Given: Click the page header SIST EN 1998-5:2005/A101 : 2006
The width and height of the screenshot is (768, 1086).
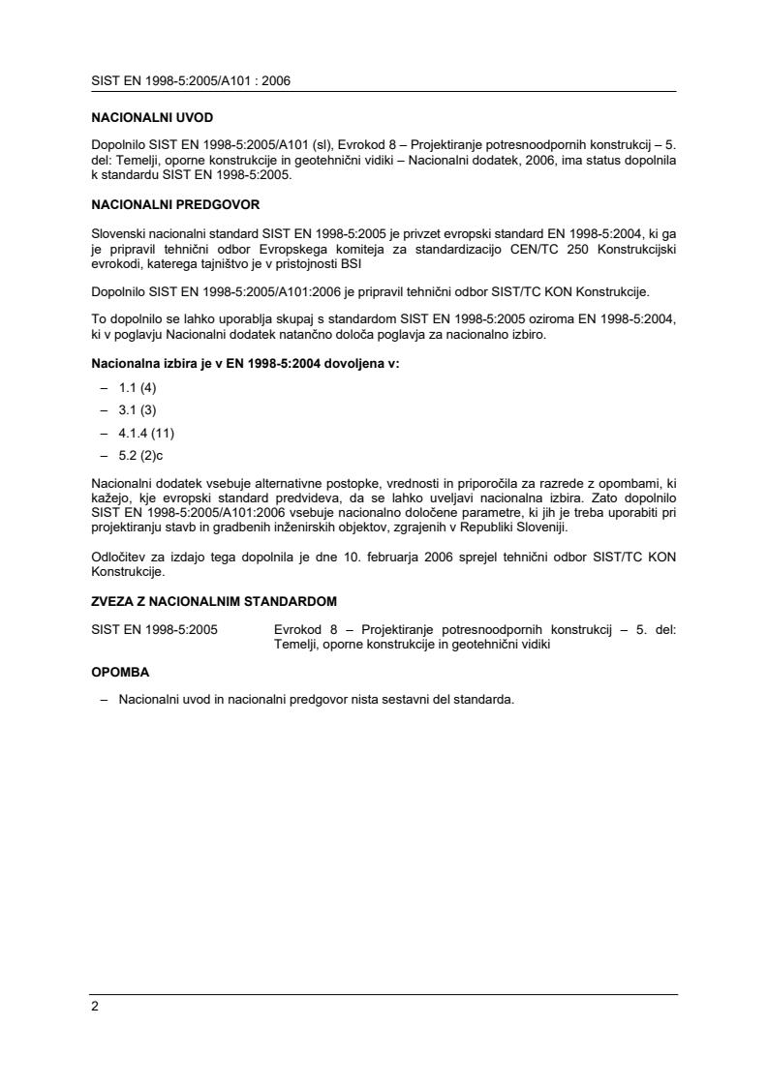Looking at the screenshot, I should pos(191,81).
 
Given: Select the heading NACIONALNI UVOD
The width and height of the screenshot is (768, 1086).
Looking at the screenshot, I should pos(152,117).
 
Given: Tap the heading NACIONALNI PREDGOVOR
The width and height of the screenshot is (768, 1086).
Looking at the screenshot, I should pos(175,205).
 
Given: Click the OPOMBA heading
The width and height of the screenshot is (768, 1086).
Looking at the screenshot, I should pos(121,671).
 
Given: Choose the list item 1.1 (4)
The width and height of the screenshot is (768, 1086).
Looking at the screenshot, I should pos(138,387).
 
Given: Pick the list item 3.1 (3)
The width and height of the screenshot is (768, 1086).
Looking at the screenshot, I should pos(138,409).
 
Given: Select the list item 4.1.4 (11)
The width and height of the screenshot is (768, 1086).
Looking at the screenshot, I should pos(146,432).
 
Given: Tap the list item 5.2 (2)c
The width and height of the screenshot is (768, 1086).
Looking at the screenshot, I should pos(141,454).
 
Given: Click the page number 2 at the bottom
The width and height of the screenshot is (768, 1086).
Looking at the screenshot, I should pos(95,1006).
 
